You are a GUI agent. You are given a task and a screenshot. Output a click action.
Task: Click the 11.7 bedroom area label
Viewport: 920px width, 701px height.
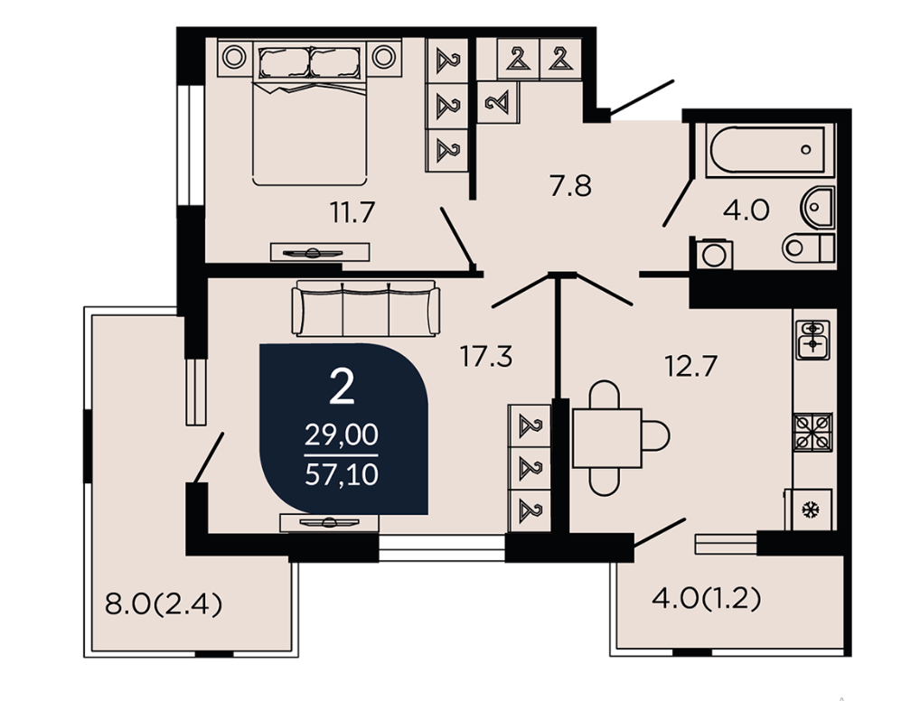[352, 212]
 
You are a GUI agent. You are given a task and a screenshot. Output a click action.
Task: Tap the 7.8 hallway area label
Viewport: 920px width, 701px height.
[570, 187]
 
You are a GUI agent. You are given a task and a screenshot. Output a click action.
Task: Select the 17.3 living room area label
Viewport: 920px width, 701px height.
[486, 357]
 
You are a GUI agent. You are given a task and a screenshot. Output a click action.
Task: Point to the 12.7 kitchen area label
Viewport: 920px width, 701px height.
[690, 367]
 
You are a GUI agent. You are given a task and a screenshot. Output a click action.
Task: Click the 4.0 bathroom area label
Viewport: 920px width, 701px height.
[746, 210]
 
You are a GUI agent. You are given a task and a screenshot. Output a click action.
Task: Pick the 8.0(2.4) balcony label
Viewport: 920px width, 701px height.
[164, 603]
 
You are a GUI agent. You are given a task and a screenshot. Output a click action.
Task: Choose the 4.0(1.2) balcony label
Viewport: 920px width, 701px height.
[707, 599]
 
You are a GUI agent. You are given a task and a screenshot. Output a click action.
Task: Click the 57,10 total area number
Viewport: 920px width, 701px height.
[342, 474]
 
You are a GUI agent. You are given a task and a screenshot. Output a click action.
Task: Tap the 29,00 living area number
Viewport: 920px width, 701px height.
[342, 435]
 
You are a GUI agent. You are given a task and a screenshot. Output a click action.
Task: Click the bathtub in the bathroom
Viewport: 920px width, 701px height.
[770, 150]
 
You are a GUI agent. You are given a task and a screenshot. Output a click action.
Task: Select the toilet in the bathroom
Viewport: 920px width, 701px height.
[808, 248]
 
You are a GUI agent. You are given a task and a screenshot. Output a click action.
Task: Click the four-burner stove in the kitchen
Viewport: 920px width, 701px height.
[812, 432]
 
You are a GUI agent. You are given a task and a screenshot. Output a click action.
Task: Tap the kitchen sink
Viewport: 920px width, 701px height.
[812, 340]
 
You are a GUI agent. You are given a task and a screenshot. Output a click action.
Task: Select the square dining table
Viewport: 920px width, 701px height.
[607, 438]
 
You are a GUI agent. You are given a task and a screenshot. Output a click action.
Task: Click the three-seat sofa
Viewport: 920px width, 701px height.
[366, 308]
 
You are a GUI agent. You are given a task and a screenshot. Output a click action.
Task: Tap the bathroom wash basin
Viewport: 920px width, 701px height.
[818, 207]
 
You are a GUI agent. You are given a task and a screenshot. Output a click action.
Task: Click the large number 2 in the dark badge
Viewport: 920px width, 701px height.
[342, 387]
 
